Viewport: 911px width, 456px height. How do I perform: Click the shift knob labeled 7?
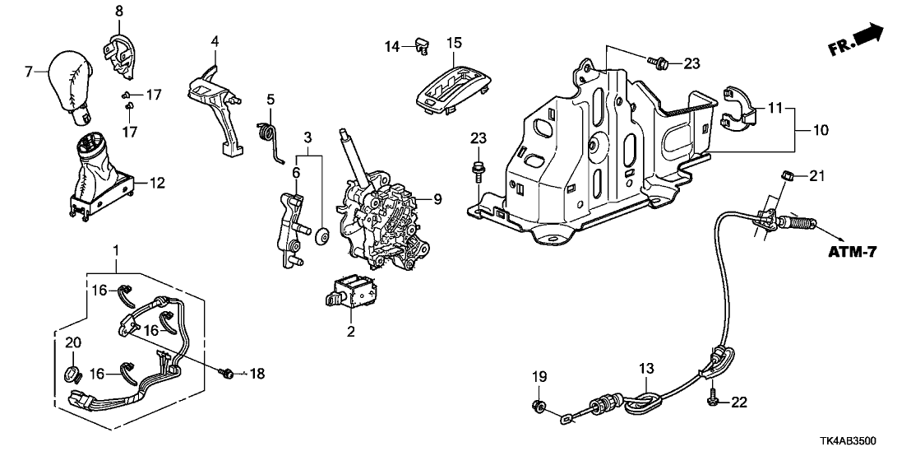pyautogui.click(x=73, y=80)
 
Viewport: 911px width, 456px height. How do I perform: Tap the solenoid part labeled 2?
pyautogui.click(x=350, y=292)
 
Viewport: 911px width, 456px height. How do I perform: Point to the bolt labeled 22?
pyautogui.click(x=712, y=401)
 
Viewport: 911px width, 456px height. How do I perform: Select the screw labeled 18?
pyautogui.click(x=224, y=374)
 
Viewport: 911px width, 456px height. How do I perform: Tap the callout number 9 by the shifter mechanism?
pyautogui.click(x=438, y=198)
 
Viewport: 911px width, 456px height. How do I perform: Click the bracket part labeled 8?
pyautogui.click(x=118, y=44)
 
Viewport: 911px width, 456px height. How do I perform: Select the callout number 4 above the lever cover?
pyautogui.click(x=215, y=40)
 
